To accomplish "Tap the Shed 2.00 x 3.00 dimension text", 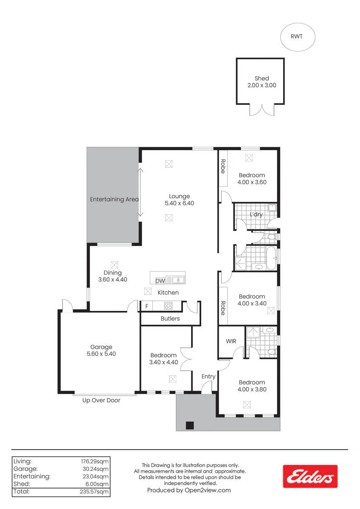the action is [262, 85].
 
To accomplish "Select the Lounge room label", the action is [179, 196].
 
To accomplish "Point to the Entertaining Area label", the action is [114, 199].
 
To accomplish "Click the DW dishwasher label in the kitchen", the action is [160, 281].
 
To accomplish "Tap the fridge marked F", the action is [147, 306].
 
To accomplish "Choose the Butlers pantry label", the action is [170, 319].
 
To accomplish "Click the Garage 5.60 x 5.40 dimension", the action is [101, 354].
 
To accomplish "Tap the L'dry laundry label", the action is [256, 214].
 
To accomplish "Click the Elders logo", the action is [310, 476].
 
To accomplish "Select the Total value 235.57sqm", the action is [94, 492].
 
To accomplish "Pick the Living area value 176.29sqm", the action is [95, 461].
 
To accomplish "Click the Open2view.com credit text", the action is [208, 490].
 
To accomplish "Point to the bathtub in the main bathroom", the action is [271, 258].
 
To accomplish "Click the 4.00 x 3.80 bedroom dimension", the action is [252, 389].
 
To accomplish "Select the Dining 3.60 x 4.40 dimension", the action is [112, 280].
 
